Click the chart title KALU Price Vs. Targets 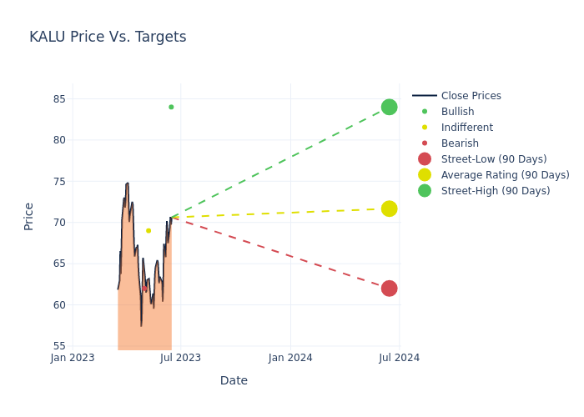click(108, 37)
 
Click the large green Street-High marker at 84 click(389, 107)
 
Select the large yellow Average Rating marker click(389, 208)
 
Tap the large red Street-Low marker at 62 click(389, 289)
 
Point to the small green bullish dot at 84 click(171, 107)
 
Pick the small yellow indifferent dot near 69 click(149, 230)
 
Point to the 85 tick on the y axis click(58, 98)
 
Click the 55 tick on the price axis click(58, 346)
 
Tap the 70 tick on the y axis click(58, 223)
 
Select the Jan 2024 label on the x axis click(290, 358)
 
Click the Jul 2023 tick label click(180, 358)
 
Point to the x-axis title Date click(234, 380)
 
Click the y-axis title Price click(29, 216)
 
